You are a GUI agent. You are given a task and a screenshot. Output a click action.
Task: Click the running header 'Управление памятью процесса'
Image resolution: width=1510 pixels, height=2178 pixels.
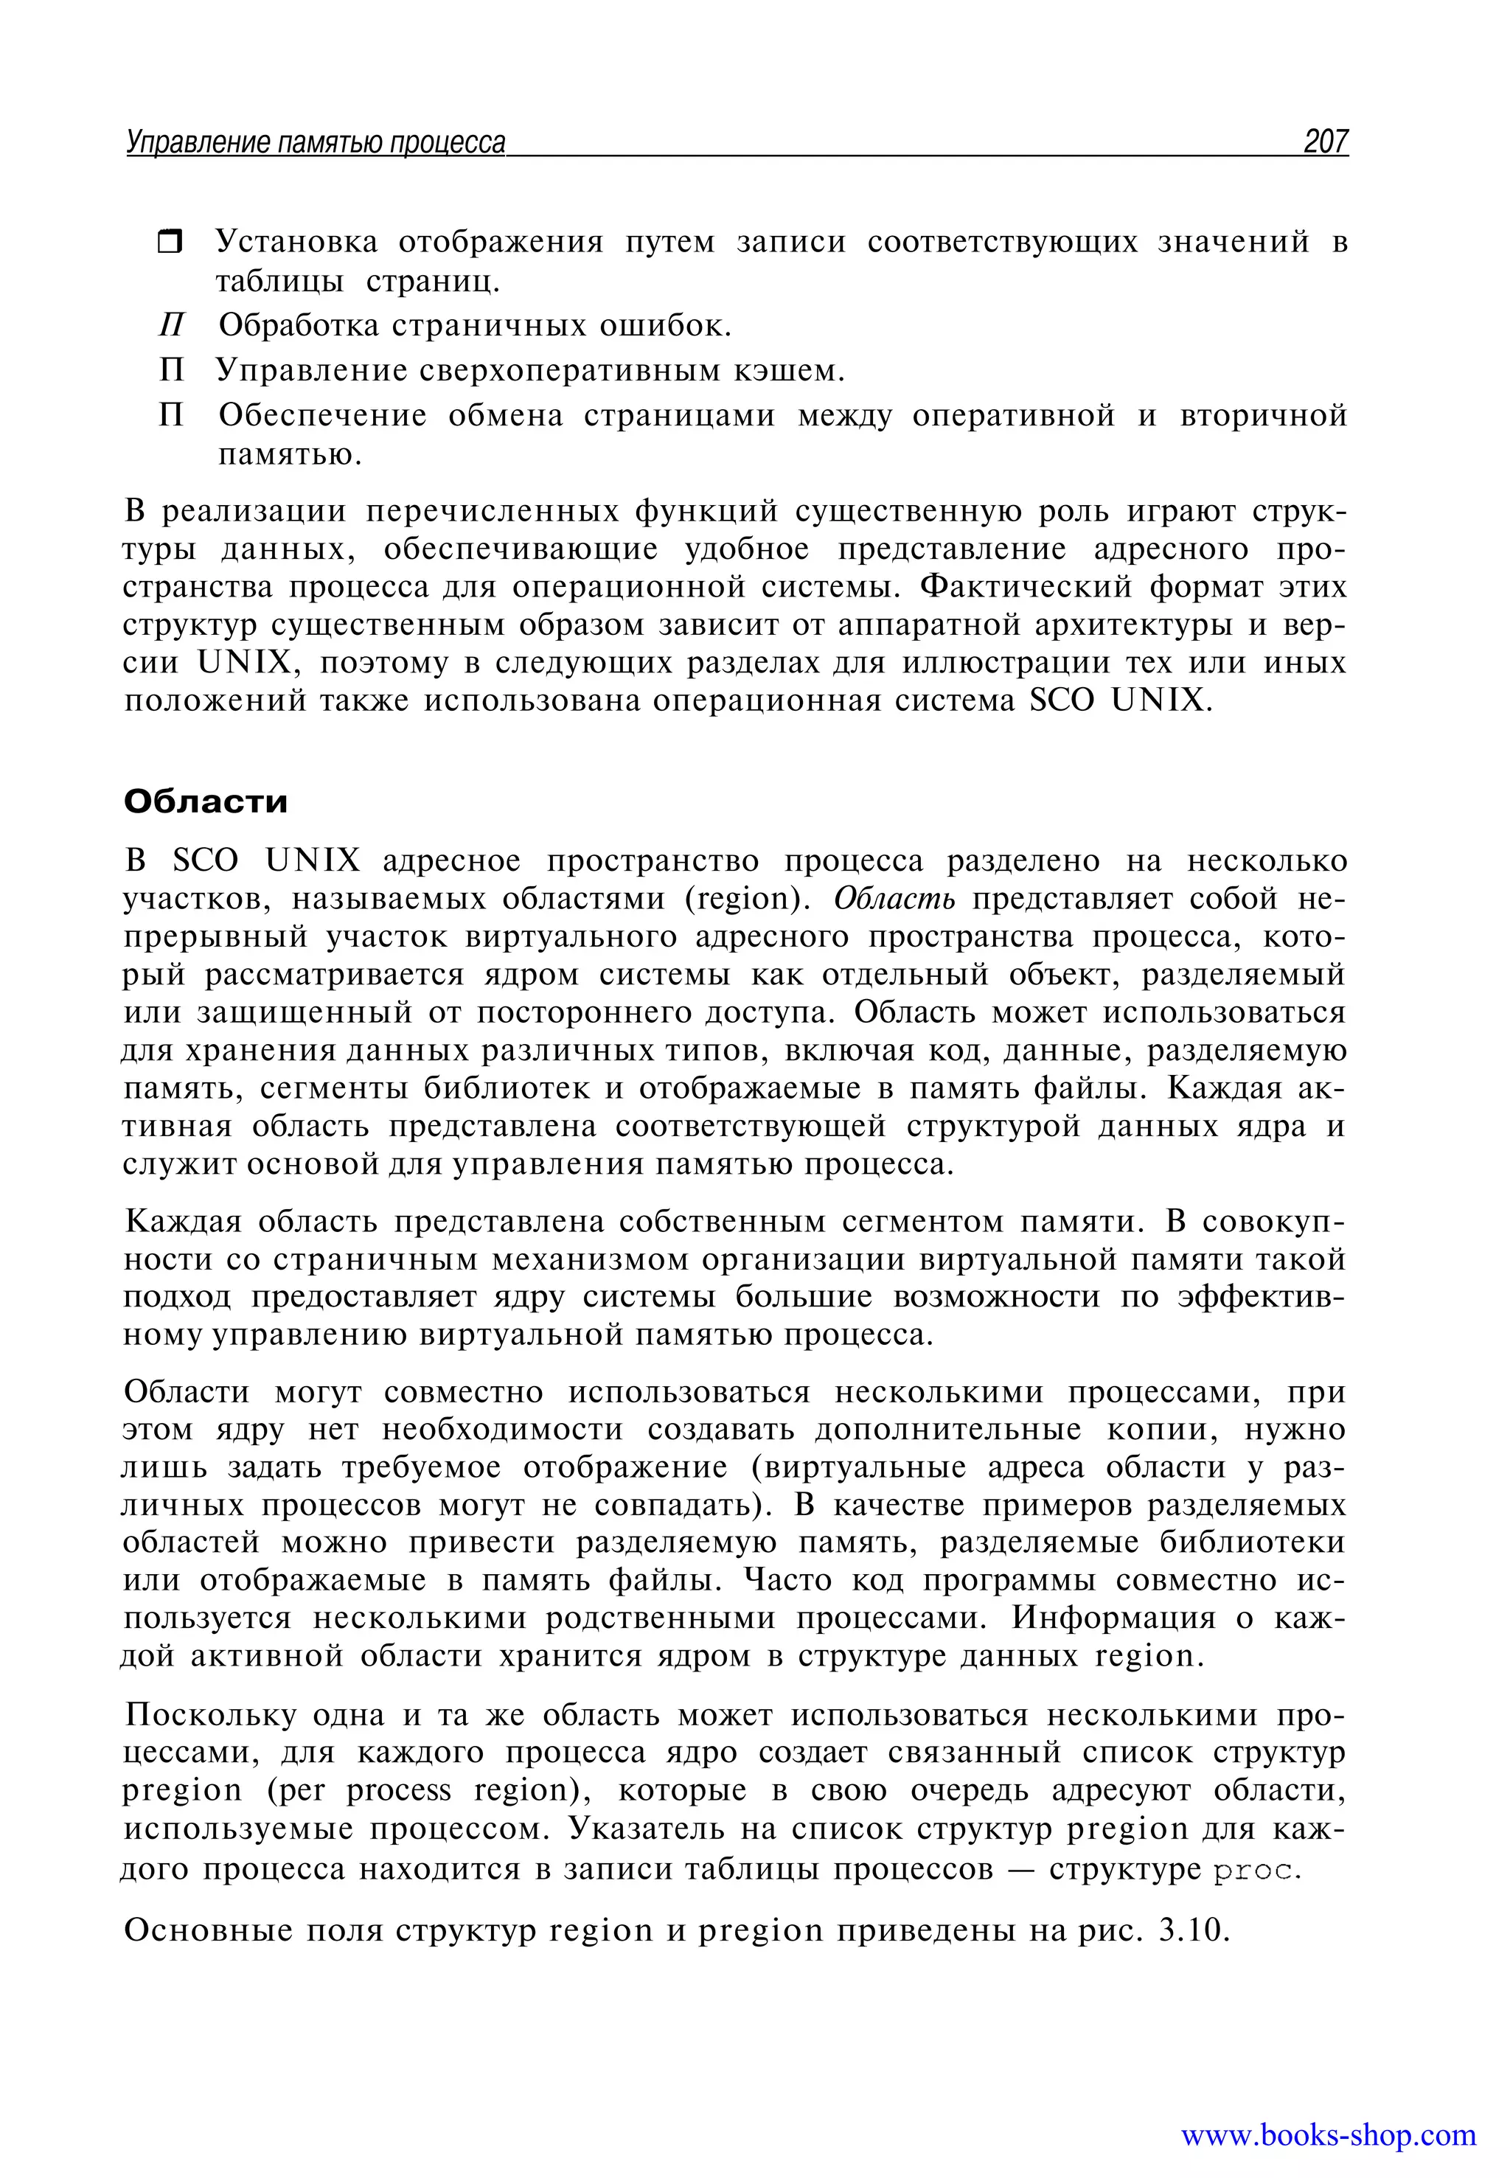tap(316, 143)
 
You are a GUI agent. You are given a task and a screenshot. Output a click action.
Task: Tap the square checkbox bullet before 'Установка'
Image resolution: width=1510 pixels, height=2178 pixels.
tap(170, 243)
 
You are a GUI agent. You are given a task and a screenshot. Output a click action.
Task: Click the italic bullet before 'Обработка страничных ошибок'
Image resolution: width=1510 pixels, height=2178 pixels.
tap(171, 325)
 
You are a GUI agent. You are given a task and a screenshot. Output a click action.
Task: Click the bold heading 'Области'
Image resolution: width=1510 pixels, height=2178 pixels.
tap(205, 801)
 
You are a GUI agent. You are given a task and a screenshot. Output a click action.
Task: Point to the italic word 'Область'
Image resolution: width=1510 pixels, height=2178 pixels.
tap(894, 898)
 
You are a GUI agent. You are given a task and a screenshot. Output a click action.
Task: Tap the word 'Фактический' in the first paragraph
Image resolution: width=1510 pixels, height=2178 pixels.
tap(1026, 587)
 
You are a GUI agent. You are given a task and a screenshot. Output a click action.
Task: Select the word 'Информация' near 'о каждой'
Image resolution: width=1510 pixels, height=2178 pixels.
tap(1113, 1618)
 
